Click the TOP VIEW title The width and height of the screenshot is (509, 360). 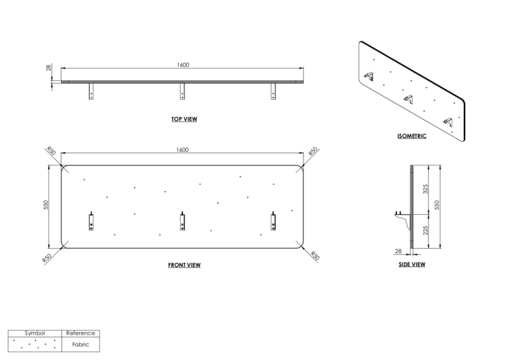(x=184, y=119)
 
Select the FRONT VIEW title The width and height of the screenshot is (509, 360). (x=184, y=265)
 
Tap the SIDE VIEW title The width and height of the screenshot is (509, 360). (x=412, y=265)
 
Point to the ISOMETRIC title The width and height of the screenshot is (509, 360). (x=412, y=136)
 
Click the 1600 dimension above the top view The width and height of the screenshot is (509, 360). (x=183, y=65)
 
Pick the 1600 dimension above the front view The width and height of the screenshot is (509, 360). (x=183, y=150)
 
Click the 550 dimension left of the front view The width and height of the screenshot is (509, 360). (x=46, y=205)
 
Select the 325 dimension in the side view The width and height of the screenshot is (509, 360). (x=426, y=189)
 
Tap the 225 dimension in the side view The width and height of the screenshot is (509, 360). (x=426, y=230)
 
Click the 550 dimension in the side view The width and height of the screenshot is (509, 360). (x=437, y=205)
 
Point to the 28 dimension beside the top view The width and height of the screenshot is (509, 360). (x=49, y=68)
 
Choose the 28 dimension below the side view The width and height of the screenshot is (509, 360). (x=398, y=251)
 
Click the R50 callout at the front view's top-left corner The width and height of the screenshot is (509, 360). (x=52, y=151)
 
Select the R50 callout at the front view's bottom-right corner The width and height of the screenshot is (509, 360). (x=314, y=256)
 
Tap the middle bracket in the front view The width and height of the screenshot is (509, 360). (x=183, y=221)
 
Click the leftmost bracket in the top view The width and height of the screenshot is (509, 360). (x=91, y=91)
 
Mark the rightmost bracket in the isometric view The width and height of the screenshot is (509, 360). (x=448, y=121)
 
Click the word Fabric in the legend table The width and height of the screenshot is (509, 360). (x=81, y=345)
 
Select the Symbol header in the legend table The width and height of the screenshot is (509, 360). (x=35, y=333)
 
